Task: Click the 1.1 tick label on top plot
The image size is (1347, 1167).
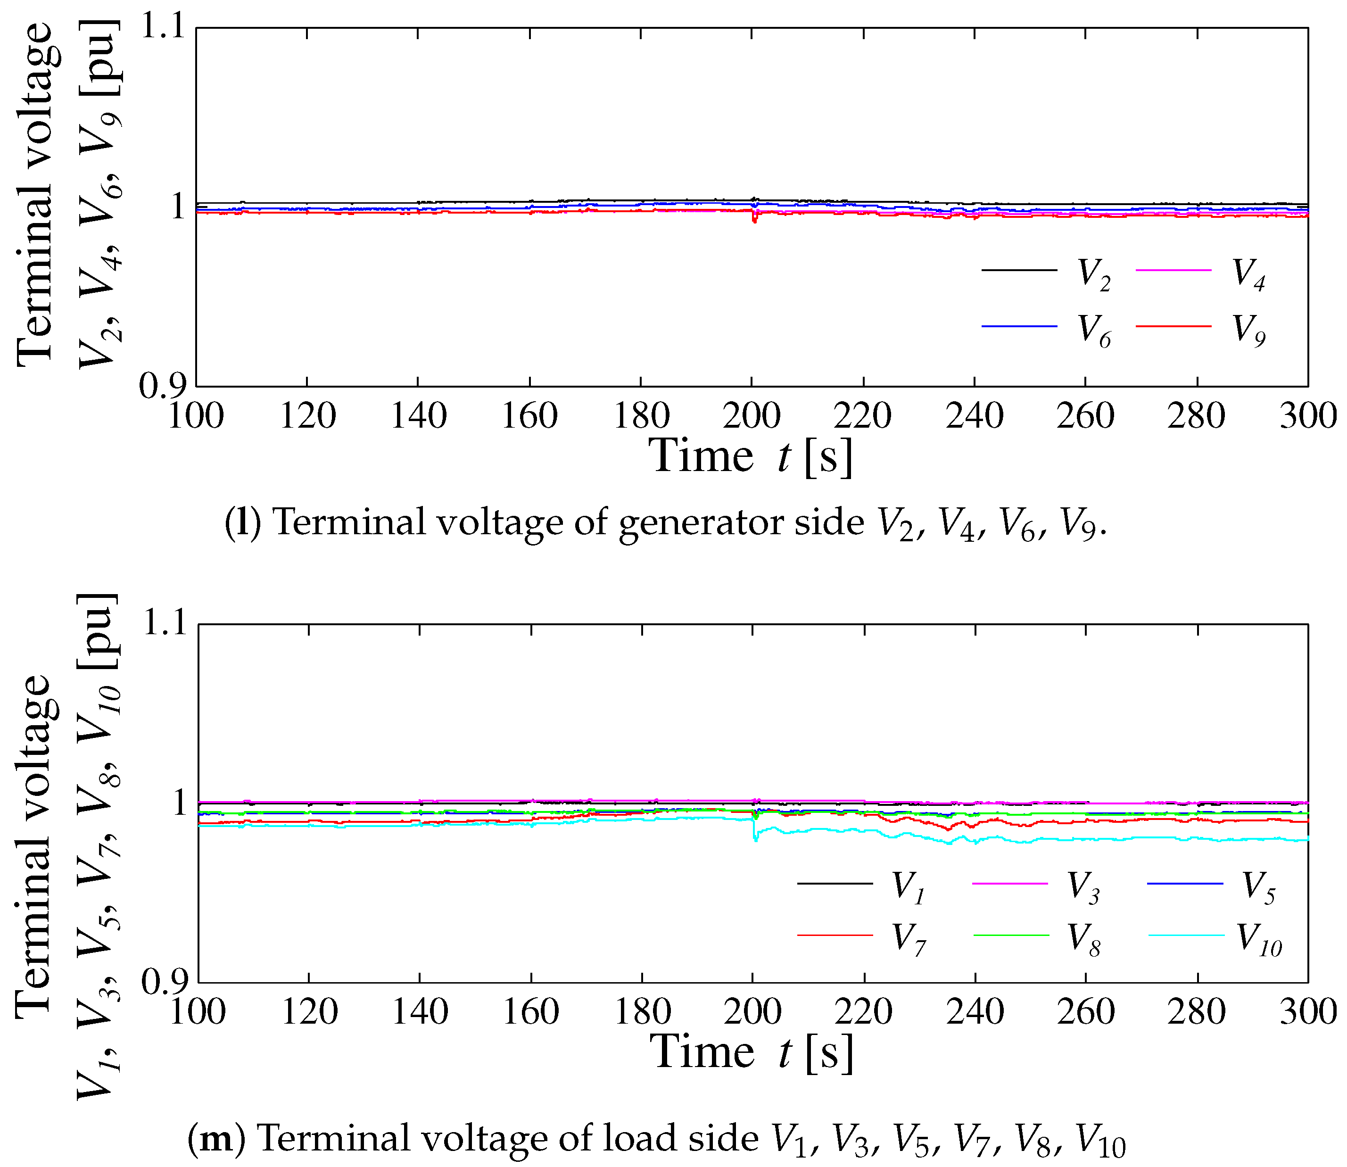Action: point(162,29)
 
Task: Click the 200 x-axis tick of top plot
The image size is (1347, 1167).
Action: point(752,415)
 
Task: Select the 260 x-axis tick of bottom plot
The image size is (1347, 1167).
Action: point(1085,1011)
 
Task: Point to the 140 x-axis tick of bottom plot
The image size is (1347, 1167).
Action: point(419,1011)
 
